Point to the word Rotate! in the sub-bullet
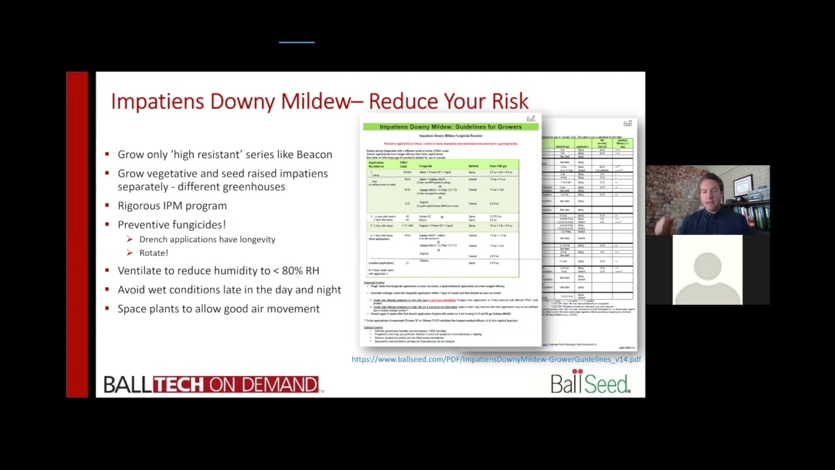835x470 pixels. coord(153,253)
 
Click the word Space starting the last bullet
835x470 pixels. coord(132,309)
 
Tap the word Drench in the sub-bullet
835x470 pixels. coord(154,240)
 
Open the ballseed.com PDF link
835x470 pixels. coord(496,359)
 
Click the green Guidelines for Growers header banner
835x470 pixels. coord(450,127)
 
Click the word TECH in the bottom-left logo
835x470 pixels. coord(179,384)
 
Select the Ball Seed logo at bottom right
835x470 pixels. coord(590,383)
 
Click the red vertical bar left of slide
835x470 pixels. coord(77,234)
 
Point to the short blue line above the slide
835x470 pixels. coord(297,42)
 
